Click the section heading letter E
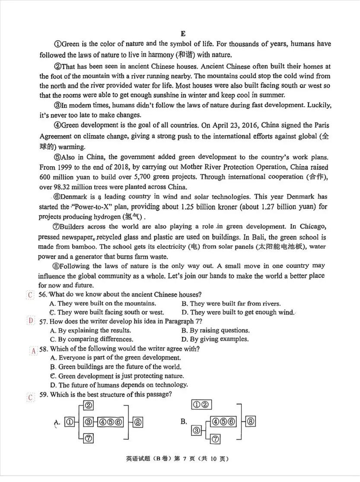tap(183, 33)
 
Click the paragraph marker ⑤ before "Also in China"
tap(57, 157)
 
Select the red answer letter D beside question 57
tap(30, 321)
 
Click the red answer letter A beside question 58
tap(33, 351)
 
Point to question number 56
tap(43, 295)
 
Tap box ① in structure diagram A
tap(70, 422)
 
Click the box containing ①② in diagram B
tap(200, 405)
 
